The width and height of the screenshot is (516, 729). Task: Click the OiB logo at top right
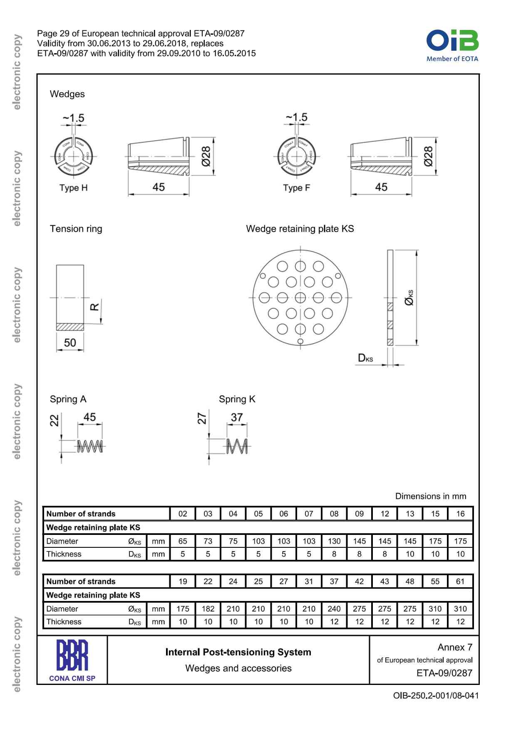coord(452,45)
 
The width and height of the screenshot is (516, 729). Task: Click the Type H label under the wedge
coord(74,188)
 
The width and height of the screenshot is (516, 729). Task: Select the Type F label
coord(297,188)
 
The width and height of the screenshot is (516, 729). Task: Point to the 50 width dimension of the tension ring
coord(70,343)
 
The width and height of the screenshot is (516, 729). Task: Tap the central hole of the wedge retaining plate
coord(300,298)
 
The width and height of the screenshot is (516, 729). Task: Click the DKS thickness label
coord(365,358)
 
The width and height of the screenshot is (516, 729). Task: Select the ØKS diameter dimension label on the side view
coord(409,298)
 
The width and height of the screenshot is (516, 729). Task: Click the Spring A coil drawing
coord(90,446)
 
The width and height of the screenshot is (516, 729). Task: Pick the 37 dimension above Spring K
coord(237,417)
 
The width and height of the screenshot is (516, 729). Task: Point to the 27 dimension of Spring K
coord(202,418)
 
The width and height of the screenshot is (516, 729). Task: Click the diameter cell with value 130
coord(334,541)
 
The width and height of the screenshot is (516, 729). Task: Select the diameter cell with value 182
coord(208,609)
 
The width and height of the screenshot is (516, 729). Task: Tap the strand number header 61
coord(460,581)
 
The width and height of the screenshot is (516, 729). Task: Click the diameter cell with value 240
coord(334,609)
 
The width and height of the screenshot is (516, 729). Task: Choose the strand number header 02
coord(183,514)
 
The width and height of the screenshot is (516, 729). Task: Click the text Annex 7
coord(455,647)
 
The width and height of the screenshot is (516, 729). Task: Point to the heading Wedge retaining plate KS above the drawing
coord(300,229)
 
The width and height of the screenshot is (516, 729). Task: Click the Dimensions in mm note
coord(431,496)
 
